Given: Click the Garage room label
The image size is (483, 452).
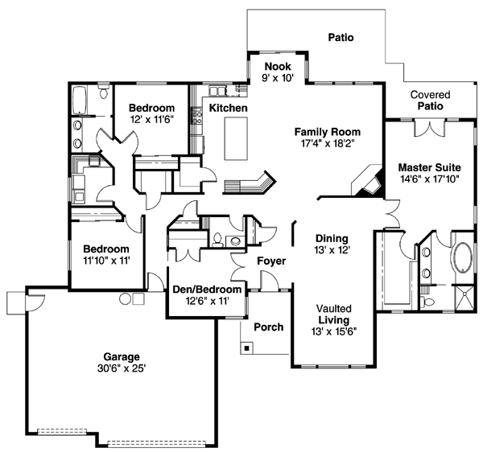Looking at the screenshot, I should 122,356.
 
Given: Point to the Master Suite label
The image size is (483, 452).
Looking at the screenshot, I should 428,167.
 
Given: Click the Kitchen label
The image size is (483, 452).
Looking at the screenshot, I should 229,108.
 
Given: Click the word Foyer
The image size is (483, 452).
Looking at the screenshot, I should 271,261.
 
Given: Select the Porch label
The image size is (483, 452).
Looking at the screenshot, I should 269,327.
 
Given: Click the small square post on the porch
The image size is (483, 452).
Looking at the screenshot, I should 247,347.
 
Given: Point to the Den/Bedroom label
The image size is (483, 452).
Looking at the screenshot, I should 207,290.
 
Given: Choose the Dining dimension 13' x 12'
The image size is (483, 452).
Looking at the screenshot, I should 331,250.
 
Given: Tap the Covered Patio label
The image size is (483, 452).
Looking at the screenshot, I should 430,100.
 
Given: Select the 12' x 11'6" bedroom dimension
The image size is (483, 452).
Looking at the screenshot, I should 152,120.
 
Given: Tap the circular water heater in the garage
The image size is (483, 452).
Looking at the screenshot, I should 126,298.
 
